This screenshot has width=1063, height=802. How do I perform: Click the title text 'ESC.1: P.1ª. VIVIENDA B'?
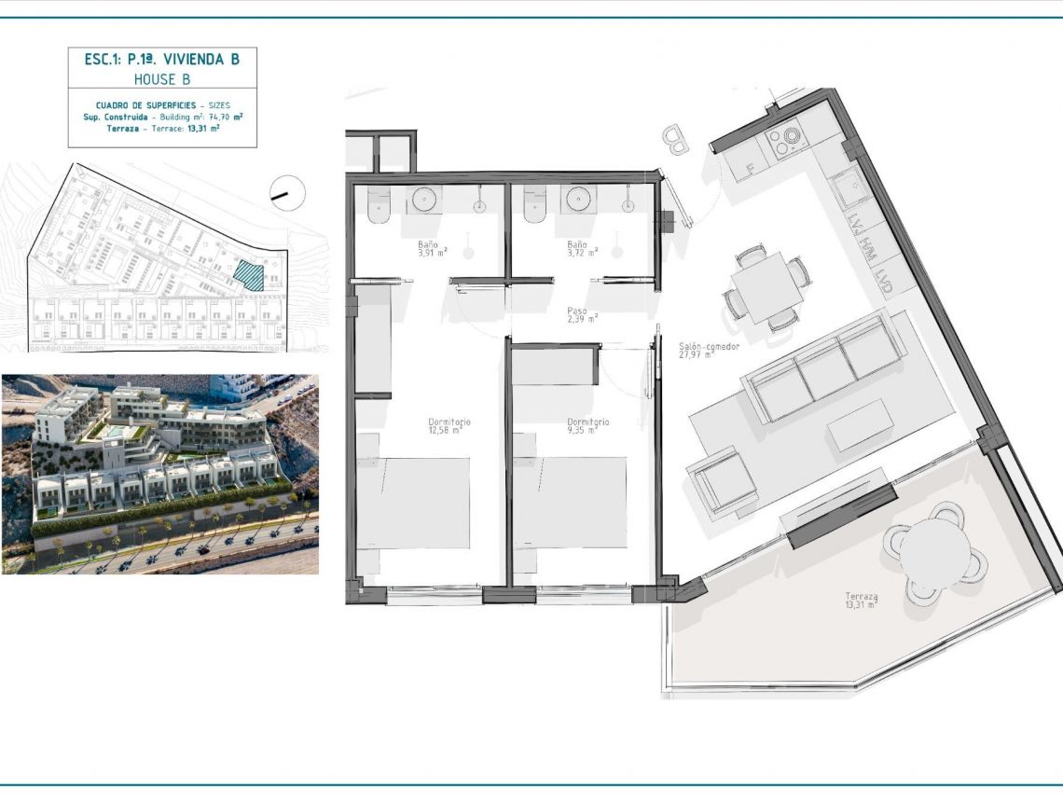coord(162,59)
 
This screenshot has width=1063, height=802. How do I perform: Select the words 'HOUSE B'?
coord(162,79)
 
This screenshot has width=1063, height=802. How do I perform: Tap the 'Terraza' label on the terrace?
coord(861,597)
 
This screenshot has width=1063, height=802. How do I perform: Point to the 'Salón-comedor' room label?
coord(709,347)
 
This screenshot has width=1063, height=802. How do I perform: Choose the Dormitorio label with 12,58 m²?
coord(449,422)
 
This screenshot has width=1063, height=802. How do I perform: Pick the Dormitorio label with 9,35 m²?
coord(588,422)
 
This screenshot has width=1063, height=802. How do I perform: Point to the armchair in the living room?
coord(723,481)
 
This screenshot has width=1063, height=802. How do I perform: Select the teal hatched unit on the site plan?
coord(248,275)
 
